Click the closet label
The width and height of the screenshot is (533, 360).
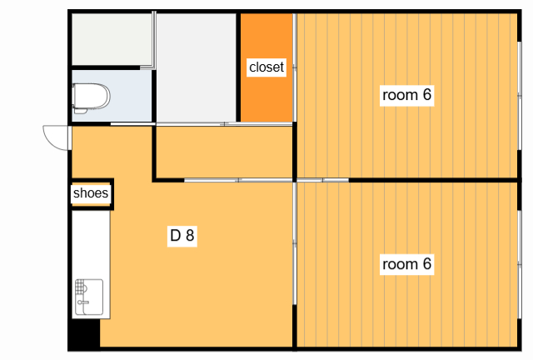(x=266, y=67)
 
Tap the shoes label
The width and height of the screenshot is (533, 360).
(x=91, y=193)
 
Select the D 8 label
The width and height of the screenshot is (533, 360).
(x=182, y=235)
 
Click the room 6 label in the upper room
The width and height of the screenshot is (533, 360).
(x=406, y=95)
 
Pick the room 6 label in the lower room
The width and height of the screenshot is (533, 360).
(x=406, y=263)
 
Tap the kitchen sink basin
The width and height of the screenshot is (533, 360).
(x=89, y=297)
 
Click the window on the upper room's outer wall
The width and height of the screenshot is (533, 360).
(x=519, y=96)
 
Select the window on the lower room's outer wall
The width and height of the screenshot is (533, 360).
(x=519, y=264)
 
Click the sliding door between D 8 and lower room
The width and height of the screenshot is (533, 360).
(x=294, y=243)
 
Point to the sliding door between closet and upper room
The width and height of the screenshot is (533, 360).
(x=294, y=67)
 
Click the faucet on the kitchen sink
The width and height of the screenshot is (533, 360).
(x=82, y=302)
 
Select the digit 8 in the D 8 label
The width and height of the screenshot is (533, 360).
(x=190, y=235)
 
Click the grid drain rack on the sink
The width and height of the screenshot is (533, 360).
(x=79, y=287)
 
